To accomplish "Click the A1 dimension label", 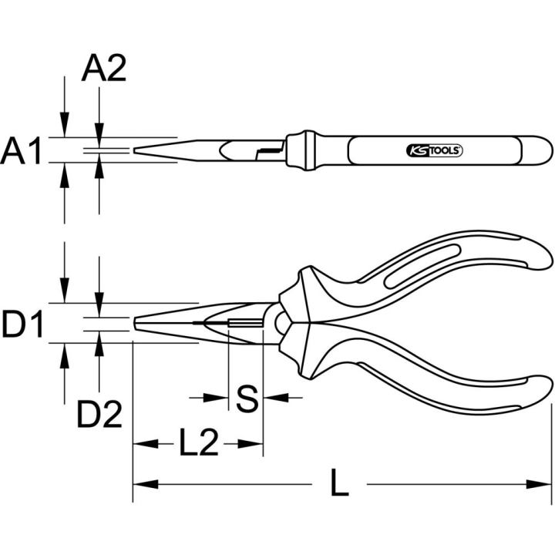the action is [21, 151].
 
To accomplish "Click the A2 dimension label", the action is [104, 69].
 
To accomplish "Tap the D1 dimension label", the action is [22, 324].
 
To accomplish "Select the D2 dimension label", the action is [99, 414].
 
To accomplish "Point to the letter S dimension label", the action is [247, 399].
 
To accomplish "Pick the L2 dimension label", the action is [199, 442].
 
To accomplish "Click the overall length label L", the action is [339, 482].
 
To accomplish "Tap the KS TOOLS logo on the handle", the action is [434, 151].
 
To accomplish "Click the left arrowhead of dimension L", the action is [145, 484].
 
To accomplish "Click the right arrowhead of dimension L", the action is [539, 484].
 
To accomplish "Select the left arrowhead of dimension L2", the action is [145, 444].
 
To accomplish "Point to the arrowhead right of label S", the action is [277, 398].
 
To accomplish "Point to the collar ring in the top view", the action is [301, 150].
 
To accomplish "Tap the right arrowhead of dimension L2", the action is [251, 444].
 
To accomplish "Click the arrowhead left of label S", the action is [216, 398].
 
